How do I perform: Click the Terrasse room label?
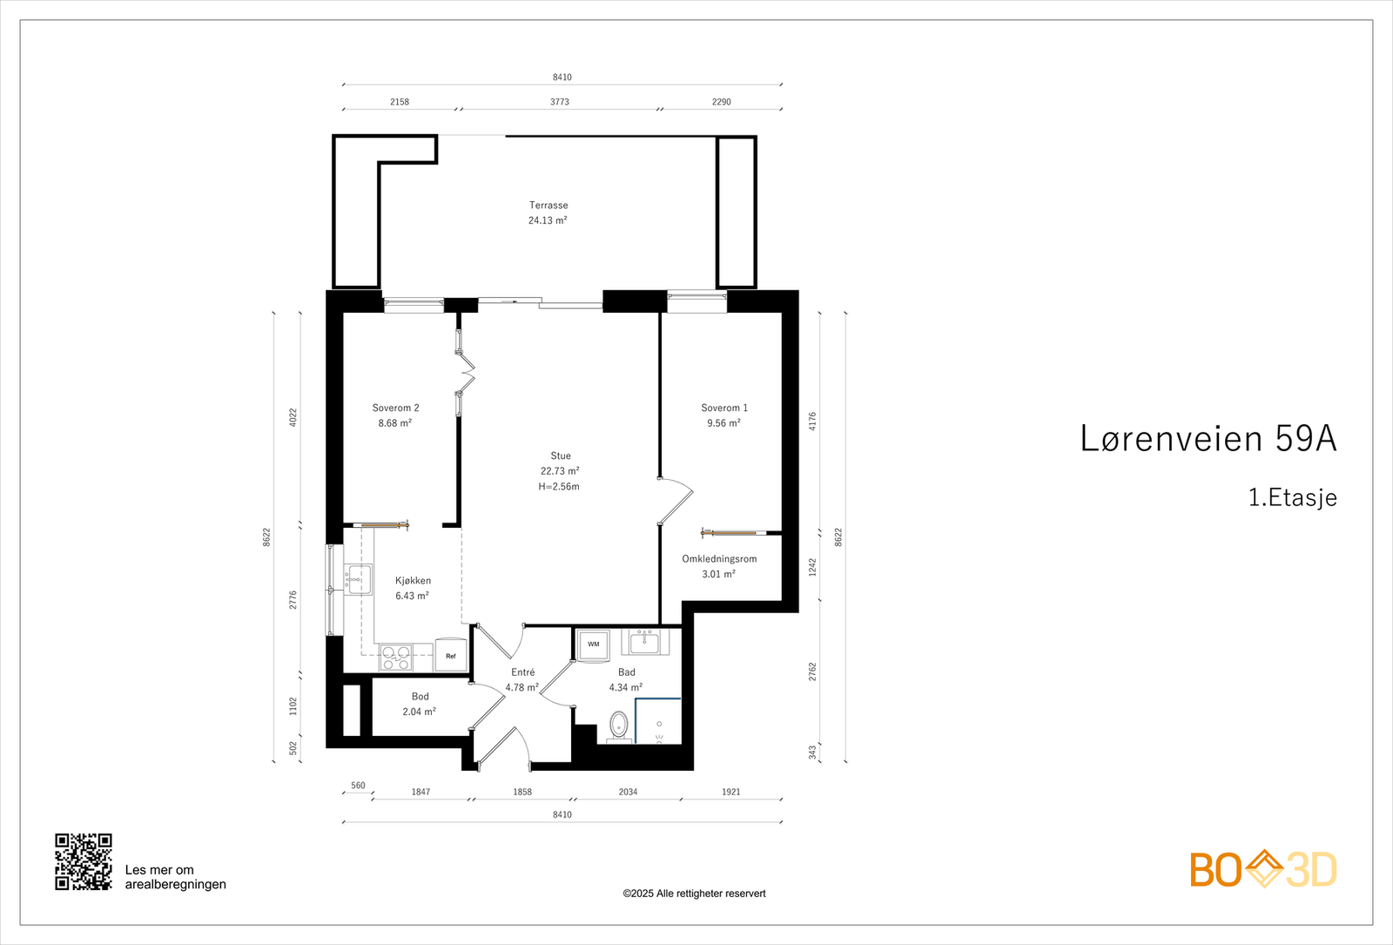point(548,205)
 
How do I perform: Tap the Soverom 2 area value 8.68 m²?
point(395,423)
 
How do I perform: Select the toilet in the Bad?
point(619,726)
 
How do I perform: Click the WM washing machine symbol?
point(593,645)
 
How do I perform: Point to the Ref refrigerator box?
point(451,655)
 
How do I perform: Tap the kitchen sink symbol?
point(358,579)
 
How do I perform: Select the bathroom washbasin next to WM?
point(645,642)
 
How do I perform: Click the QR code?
point(84,861)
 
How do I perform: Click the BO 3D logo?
point(1263,869)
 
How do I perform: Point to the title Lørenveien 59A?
point(1208,438)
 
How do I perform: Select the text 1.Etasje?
point(1293,497)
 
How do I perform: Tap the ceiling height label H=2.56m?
point(559,487)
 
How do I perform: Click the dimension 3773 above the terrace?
point(560,102)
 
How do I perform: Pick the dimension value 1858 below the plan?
point(522,792)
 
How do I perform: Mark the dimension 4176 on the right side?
point(812,422)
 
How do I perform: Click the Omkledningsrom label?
point(719,558)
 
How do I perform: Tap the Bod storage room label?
point(421,696)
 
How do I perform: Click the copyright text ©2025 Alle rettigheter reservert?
point(694,894)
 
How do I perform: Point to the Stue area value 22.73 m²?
point(560,471)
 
